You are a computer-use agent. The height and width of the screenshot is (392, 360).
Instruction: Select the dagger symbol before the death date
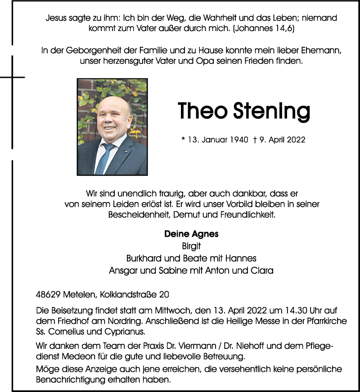pyautogui.click(x=255, y=140)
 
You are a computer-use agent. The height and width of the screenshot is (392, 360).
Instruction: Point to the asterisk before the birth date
pyautogui.click(x=183, y=140)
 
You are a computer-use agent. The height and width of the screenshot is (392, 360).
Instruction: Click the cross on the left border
pyautogui.click(x=12, y=77)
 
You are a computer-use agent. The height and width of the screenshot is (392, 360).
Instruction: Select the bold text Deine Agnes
pyautogui.click(x=191, y=234)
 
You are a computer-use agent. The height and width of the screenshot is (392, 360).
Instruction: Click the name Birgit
pyautogui.click(x=191, y=246)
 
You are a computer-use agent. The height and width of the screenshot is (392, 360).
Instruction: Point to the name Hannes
pyautogui.click(x=242, y=258)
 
